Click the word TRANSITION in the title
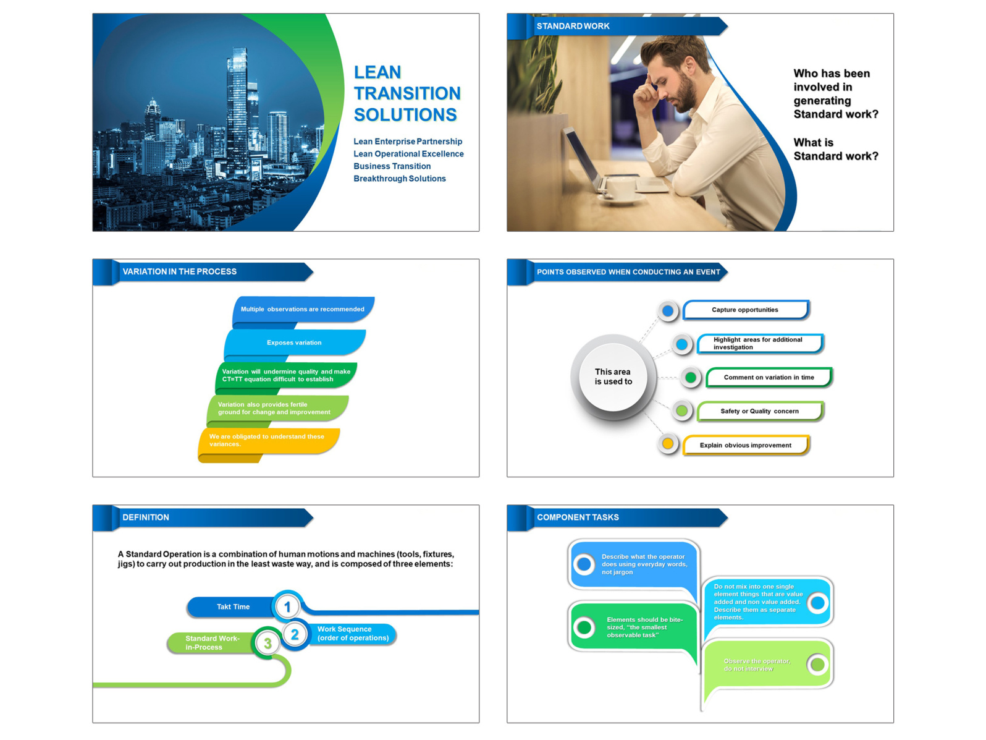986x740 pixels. [x=407, y=93]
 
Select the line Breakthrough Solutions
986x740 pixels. [x=399, y=179]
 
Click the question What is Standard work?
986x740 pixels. [x=835, y=150]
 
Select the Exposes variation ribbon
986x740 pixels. [x=295, y=342]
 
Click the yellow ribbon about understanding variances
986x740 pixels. [x=269, y=440]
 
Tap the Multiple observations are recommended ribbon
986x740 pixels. [x=303, y=309]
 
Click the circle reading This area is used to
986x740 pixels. [x=613, y=376]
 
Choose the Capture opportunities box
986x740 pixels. [x=745, y=310]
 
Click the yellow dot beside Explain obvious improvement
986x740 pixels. [x=668, y=443]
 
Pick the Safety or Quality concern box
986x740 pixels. [x=759, y=411]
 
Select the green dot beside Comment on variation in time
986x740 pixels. [x=691, y=377]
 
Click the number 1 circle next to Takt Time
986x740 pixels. [x=287, y=606]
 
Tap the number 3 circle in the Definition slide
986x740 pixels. [x=268, y=644]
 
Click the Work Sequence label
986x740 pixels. [x=352, y=634]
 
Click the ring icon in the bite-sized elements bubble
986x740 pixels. [x=584, y=627]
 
